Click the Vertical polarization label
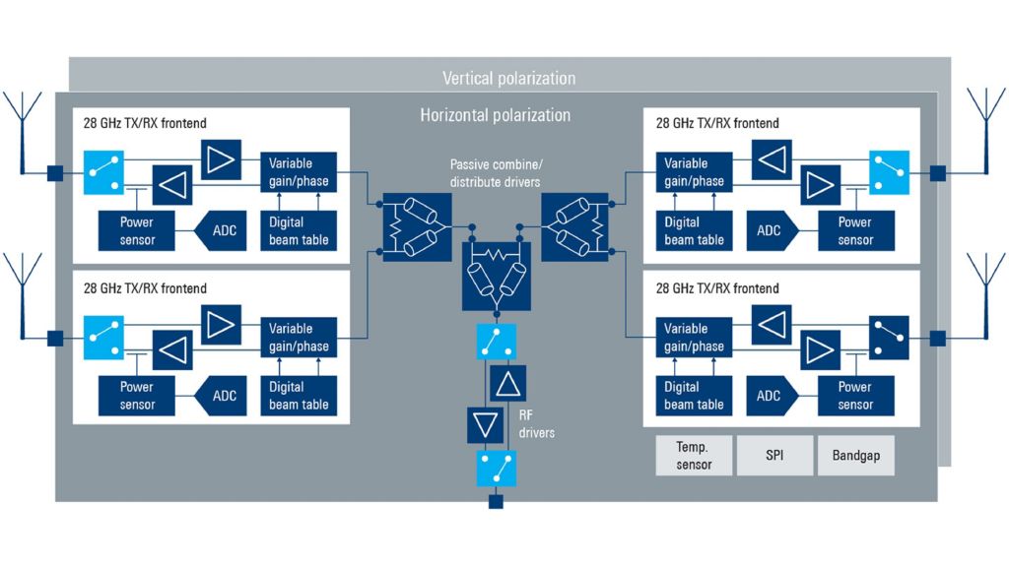coord(508,78)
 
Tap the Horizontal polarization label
coord(495,115)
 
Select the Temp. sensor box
coord(694,456)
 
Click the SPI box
coord(774,456)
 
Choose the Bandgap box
coord(855,456)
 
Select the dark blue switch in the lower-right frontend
coord(888,339)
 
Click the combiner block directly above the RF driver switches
coord(497,276)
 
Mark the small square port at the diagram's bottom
coord(497,502)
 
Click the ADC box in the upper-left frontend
coord(225,231)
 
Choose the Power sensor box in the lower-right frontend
coord(854,396)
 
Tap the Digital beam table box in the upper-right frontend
coord(694,231)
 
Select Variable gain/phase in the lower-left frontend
coord(299,338)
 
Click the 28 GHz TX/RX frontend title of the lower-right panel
coord(717,288)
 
